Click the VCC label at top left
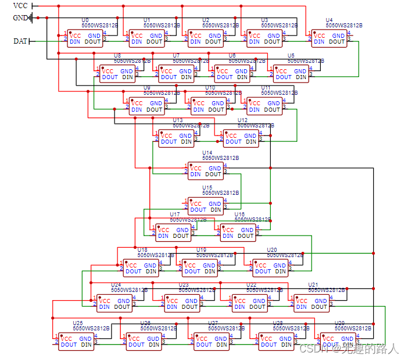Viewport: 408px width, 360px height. click(20, 6)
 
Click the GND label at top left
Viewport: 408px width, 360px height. click(20, 17)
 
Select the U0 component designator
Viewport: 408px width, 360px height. click(85, 20)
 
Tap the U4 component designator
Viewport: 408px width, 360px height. click(330, 20)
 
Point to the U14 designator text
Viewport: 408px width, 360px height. click(207, 152)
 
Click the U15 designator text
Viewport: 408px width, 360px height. click(207, 188)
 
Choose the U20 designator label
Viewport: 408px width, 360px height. click(271, 249)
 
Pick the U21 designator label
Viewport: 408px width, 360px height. click(313, 285)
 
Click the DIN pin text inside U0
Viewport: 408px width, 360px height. click(76, 42)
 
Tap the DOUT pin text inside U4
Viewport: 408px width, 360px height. click(337, 42)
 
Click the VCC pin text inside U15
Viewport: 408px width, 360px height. click(196, 204)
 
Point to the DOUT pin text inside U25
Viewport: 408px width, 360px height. click(69, 345)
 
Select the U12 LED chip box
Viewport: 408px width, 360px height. click(242, 138)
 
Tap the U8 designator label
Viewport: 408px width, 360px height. click(117, 55)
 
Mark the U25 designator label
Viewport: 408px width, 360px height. click(77, 323)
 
